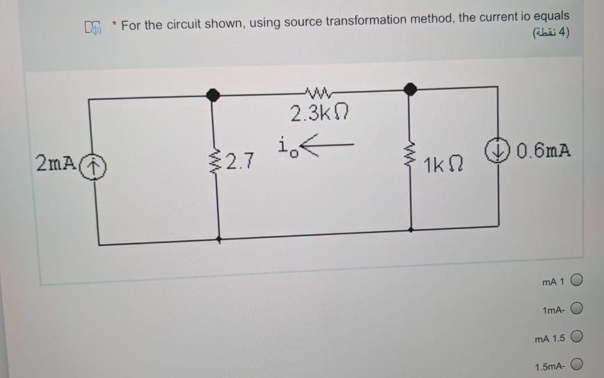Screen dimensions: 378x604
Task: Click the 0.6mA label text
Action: click(x=545, y=150)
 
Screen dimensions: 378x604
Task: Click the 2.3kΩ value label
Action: click(x=317, y=113)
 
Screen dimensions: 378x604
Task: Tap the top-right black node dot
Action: click(x=411, y=88)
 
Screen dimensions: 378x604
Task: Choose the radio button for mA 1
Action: click(x=576, y=281)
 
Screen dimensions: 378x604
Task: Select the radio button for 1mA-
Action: click(x=576, y=309)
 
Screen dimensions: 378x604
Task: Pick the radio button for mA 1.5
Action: click(x=576, y=338)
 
